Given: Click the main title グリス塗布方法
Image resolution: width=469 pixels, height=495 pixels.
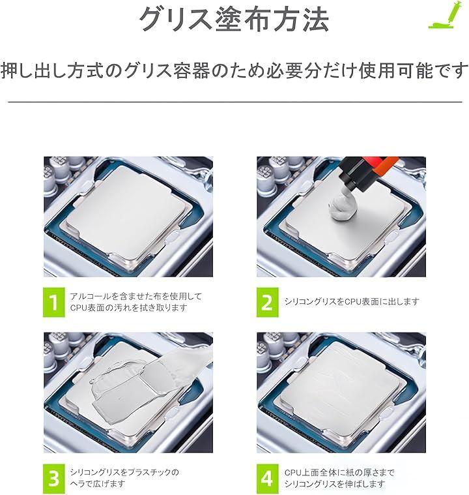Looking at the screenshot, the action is pos(234,20).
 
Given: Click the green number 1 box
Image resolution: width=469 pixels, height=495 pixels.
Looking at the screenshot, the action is pos(54,302).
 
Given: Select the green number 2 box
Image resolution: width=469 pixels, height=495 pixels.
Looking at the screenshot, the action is pos(268,302).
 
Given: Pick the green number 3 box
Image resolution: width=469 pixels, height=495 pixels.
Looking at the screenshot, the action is pos(54,478).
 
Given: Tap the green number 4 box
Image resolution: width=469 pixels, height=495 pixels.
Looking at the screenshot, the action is pos(268,478).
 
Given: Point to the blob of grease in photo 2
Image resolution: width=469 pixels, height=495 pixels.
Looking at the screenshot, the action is pos(342,208).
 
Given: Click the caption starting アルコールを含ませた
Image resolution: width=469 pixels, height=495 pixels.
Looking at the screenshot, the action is pos(135,302).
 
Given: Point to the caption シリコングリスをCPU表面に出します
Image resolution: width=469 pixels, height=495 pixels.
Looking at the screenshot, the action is pos(352,302).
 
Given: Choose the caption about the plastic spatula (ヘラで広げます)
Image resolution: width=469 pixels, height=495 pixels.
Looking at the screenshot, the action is pos(124,478).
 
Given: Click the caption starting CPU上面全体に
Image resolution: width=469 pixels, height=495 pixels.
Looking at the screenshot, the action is pos(339,478).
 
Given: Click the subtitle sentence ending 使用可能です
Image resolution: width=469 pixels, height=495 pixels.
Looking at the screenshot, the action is pos(234,70).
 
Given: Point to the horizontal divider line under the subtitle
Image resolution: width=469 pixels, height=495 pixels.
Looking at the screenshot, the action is pos(235,102).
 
